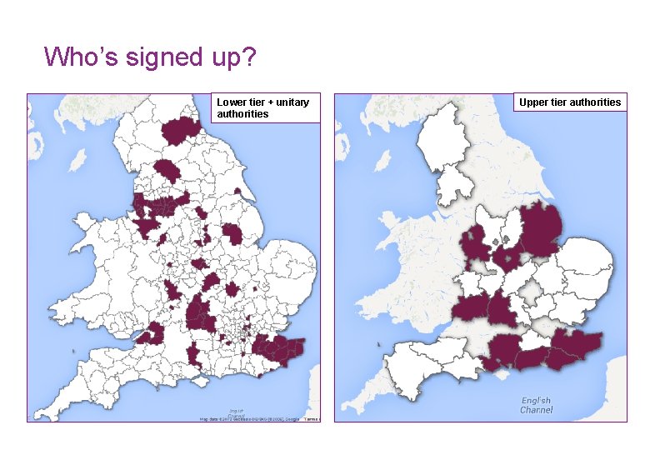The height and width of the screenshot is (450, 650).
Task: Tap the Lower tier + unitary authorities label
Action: pyautogui.click(x=264, y=107)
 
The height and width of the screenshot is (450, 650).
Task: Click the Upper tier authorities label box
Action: pyautogui.click(x=569, y=102)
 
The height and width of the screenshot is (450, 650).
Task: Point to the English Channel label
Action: pyautogui.click(x=536, y=405)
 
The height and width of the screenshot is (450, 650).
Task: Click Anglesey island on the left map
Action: pyautogui.click(x=84, y=223)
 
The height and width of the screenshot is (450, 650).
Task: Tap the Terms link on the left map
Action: pyautogui.click(x=312, y=418)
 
